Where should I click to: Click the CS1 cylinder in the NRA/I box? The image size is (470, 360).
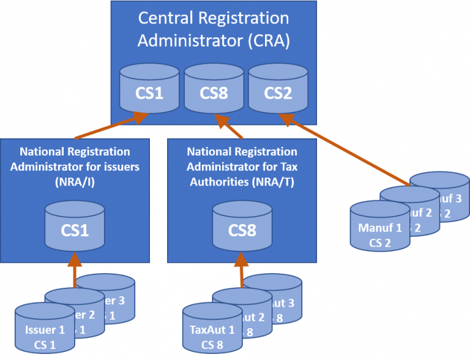tap(74, 227)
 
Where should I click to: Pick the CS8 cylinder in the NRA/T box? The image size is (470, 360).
tap(242, 227)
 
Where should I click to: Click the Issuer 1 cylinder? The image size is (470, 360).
tap(45, 334)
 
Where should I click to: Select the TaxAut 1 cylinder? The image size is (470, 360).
tap(212, 334)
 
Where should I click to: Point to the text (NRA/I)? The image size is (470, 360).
tap(75, 182)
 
